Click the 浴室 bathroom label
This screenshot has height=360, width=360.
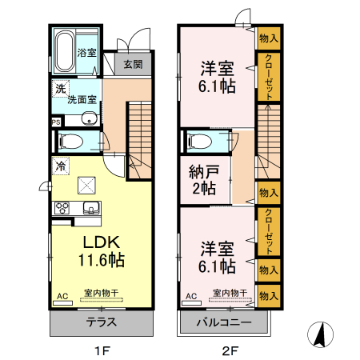[x=87, y=54]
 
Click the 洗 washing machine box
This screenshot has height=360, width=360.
[x=59, y=90]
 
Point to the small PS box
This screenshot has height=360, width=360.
[x=55, y=122]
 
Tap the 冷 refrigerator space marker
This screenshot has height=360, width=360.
[x=60, y=166]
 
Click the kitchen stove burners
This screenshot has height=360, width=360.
[x=62, y=209]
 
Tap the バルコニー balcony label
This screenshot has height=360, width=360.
[x=225, y=323]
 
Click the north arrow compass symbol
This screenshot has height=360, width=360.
[x=320, y=334]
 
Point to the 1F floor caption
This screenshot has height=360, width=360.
[x=101, y=350]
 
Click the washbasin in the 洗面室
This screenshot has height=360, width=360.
[x=89, y=121]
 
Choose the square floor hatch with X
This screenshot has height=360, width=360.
[x=86, y=186]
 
